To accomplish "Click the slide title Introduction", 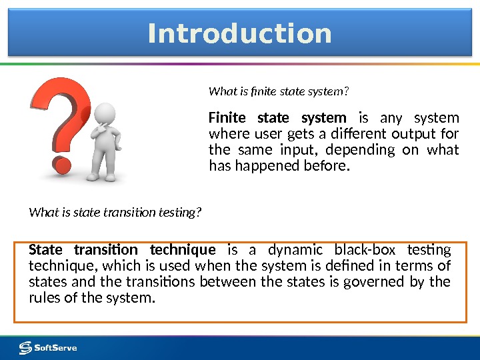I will point(239,33).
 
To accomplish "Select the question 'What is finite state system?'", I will point(279,90).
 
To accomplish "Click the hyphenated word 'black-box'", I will point(364,250).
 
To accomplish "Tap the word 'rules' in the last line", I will point(44,297).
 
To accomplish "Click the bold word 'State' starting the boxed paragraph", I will point(47,250).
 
